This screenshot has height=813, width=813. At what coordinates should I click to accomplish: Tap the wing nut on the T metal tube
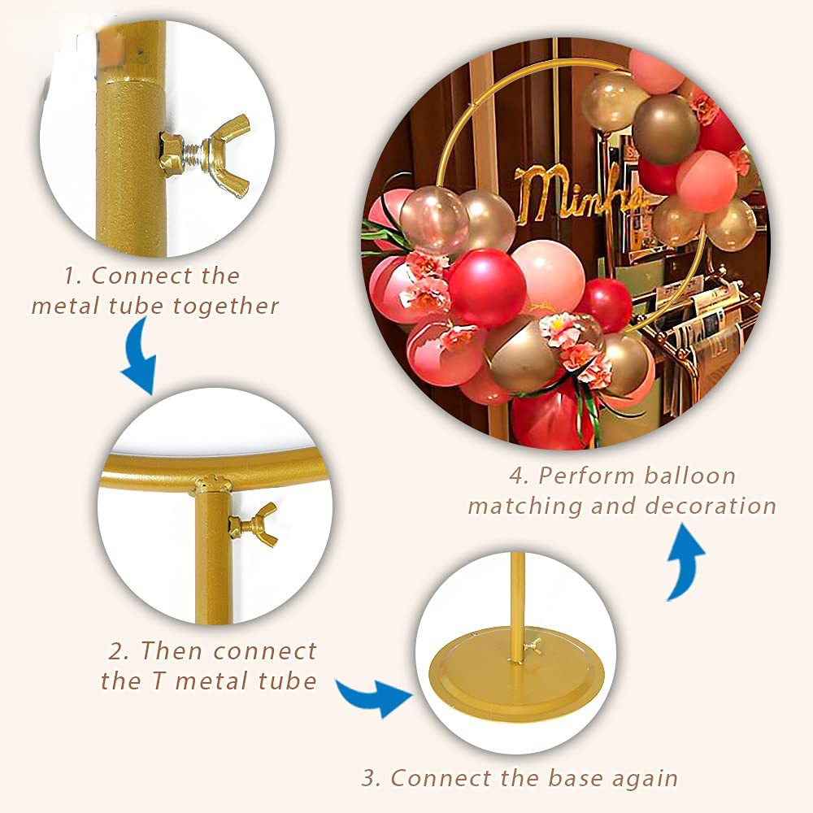pos(254,524)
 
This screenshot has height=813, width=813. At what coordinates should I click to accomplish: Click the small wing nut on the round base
pos(534,646)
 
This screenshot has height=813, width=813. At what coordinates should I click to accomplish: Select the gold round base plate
pos(517,674)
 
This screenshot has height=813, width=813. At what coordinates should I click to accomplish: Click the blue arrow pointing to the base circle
pos(374,697)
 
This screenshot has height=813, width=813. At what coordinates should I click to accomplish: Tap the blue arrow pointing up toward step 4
pos(684,562)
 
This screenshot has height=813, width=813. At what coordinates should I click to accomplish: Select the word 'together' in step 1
pos(226,306)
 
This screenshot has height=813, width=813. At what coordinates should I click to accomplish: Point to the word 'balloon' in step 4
pos(689,476)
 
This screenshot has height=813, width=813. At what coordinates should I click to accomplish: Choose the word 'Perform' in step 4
pos(585,476)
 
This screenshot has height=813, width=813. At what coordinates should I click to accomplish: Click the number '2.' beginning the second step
pos(118,651)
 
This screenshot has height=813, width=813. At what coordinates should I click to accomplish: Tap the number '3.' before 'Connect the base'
pos(372,779)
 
